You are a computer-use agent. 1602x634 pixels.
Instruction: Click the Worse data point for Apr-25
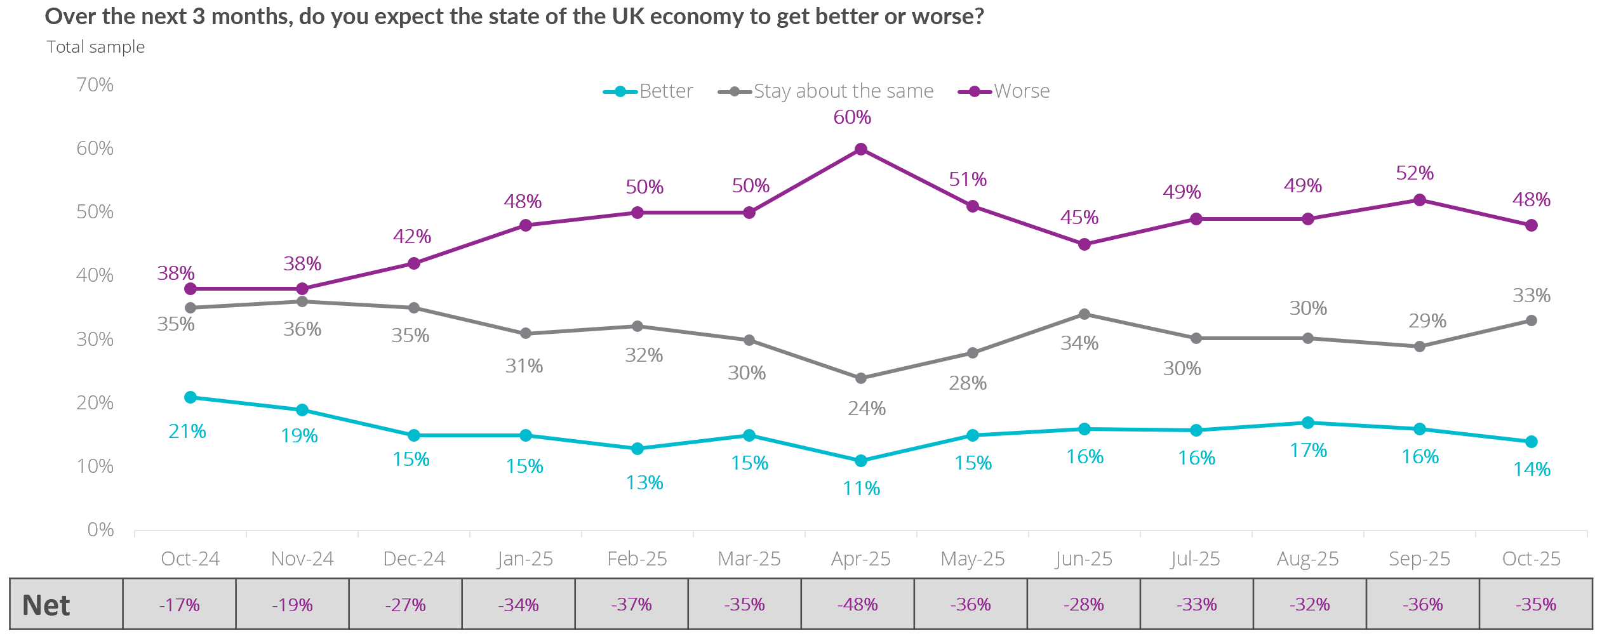pos(861,150)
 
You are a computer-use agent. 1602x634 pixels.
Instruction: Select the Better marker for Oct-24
pos(190,397)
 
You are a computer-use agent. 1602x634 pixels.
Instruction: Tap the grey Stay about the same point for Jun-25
pos(1085,314)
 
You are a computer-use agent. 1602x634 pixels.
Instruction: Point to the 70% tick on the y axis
pos(95,85)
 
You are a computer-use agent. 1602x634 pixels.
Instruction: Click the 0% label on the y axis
pos(100,530)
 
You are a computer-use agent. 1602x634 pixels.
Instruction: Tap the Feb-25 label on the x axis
pos(637,558)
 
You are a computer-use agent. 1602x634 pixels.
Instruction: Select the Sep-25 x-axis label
pos(1419,558)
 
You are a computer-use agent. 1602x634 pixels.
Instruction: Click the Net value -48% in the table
pos(857,605)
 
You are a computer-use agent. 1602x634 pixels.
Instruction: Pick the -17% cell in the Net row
pos(179,605)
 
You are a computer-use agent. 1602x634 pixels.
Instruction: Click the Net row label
pos(46,605)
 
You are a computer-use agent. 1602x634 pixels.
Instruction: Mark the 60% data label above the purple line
pos(852,117)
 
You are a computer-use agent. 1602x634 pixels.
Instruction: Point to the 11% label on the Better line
pos(861,488)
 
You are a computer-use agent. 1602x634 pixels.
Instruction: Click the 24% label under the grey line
pos(867,408)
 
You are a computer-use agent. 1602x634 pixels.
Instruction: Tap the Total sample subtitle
pos(96,47)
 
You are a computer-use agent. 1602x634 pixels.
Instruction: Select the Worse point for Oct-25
pos(1532,225)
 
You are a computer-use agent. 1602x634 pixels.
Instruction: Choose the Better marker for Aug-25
pos(1308,423)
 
